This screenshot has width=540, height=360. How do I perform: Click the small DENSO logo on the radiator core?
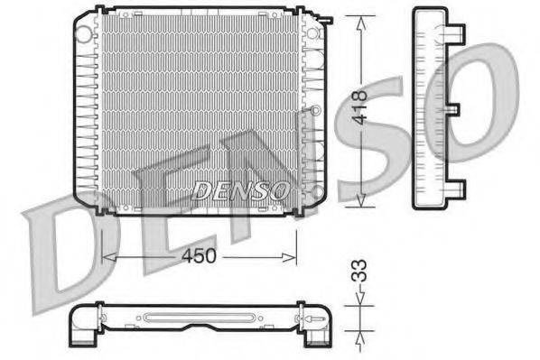click(x=241, y=189)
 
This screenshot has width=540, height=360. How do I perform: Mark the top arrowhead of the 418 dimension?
click(x=363, y=19)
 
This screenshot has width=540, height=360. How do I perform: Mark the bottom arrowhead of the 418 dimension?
click(x=363, y=204)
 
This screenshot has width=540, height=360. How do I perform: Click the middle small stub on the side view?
click(x=455, y=110)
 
